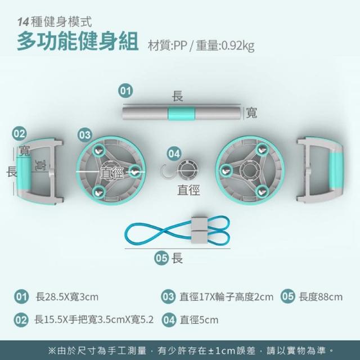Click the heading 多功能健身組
78,42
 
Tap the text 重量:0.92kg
225,46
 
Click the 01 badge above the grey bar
125,91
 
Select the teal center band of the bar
181,114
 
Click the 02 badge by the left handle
19,134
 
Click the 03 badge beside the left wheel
85,135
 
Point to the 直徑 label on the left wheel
112,173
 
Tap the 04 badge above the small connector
174,154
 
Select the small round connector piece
188,170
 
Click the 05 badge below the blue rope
161,258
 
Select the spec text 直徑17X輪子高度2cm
226,297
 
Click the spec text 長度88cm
321,297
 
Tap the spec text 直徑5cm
199,320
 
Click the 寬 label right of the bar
251,113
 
